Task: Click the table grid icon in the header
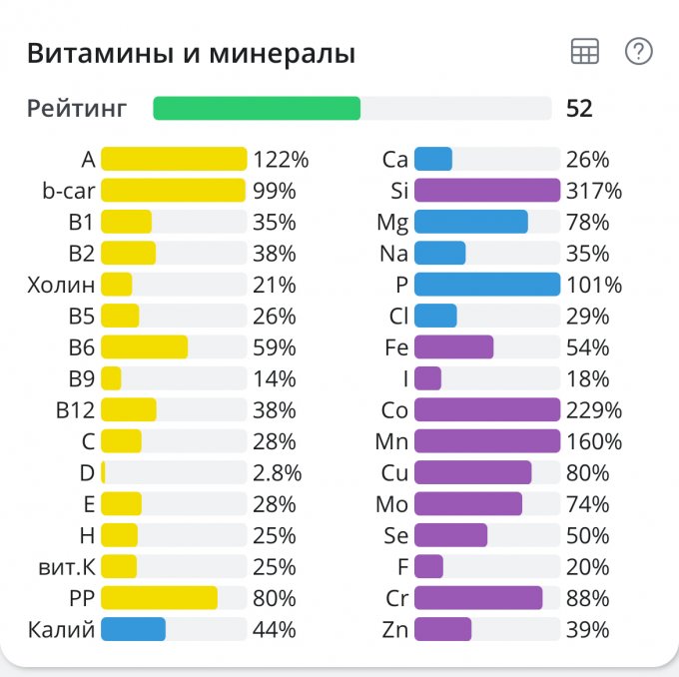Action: tap(584, 53)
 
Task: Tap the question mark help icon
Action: tap(638, 52)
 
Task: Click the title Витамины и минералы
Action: tap(191, 54)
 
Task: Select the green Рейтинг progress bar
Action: tap(257, 108)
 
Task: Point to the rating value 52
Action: tap(579, 108)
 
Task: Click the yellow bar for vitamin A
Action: tap(174, 159)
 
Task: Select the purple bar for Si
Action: tap(486, 190)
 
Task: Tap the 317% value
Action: tap(594, 190)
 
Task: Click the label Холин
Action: tap(62, 285)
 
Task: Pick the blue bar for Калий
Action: tap(133, 629)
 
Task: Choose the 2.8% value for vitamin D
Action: tap(277, 472)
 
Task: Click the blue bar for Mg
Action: tap(470, 222)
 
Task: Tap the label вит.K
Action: tap(63, 567)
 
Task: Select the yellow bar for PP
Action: tap(159, 598)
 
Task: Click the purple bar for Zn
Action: tap(442, 629)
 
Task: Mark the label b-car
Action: tap(68, 190)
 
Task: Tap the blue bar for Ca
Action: tap(433, 159)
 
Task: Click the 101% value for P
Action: tap(594, 285)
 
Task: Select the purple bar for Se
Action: tap(450, 535)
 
